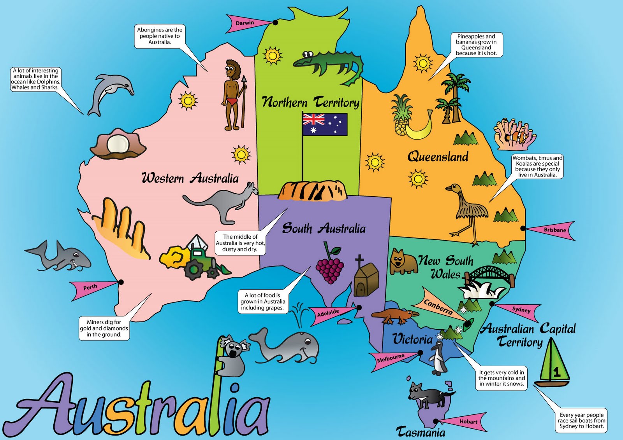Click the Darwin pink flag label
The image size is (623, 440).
tap(245, 23)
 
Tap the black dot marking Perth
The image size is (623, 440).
tap(121, 282)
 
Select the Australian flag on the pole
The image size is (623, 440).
tap(325, 124)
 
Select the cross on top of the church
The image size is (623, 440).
tap(359, 260)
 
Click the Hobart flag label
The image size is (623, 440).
tap(467, 422)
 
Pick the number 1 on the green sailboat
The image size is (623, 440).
tap(557, 372)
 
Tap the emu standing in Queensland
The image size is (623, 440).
tap(469, 210)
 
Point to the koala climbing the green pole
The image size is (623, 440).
tap(234, 356)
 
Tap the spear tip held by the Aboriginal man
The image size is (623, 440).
tap(244, 80)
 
